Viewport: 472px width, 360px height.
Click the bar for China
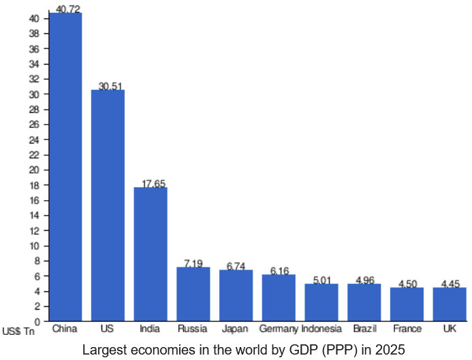pos(65,167)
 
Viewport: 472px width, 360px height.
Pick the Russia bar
pos(193,294)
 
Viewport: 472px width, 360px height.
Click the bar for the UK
pos(450,304)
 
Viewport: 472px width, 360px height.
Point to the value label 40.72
pos(68,8)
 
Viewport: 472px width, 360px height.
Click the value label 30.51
pos(110,86)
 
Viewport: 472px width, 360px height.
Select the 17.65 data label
pos(153,184)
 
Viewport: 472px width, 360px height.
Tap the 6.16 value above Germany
pos(280,271)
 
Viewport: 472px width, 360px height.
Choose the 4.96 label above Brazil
pos(365,280)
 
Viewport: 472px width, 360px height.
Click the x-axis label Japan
pos(234,329)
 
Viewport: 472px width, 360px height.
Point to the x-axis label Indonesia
pos(321,329)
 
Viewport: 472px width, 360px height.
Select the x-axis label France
pos(407,329)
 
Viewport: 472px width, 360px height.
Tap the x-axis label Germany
pos(279,329)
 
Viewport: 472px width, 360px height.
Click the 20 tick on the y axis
pos(34,170)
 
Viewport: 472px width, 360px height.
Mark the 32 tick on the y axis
pos(34,79)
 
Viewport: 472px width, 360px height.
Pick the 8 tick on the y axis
pos(37,261)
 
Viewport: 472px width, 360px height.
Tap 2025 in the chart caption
pos(390,350)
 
